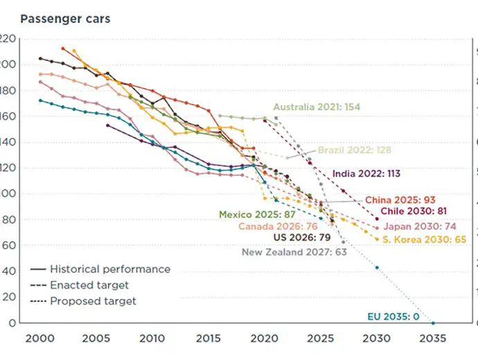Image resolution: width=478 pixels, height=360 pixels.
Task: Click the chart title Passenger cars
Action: pyautogui.click(x=65, y=19)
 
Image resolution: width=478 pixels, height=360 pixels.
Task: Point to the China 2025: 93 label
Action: pyautogui.click(x=400, y=199)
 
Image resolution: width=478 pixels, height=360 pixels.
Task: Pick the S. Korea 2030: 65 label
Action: pyautogui.click(x=425, y=239)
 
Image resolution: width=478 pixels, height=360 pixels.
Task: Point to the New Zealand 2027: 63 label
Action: pyautogui.click(x=294, y=252)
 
